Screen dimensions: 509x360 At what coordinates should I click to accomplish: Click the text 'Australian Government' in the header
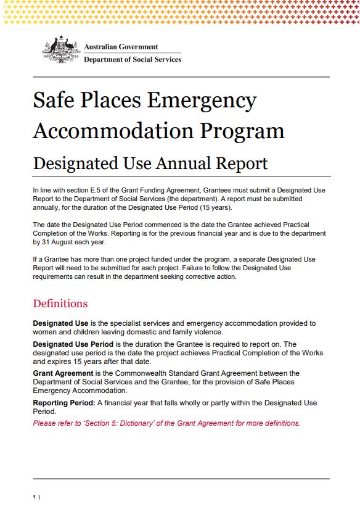121,47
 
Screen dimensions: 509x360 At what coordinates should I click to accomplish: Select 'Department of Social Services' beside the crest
133,60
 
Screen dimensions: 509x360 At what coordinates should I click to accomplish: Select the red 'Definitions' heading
60,304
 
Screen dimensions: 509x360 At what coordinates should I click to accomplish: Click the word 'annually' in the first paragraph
47,207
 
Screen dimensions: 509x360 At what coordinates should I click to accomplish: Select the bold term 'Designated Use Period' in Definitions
72,344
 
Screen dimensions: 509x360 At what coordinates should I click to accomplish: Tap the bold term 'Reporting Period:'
63,403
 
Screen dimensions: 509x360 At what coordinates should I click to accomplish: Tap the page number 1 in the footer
34,497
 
